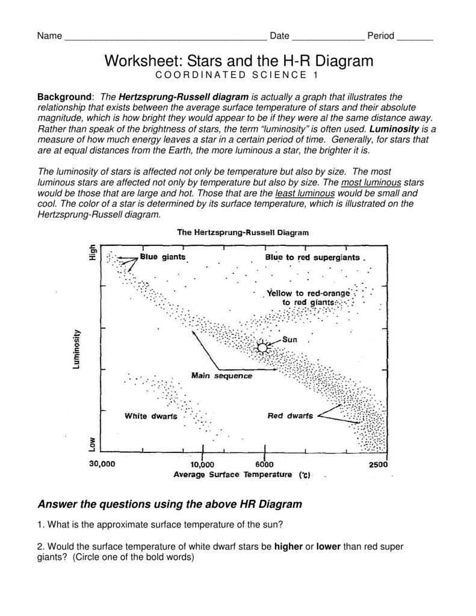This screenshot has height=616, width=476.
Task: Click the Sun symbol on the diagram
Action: click(x=262, y=347)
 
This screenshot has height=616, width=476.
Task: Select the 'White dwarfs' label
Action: click(x=150, y=416)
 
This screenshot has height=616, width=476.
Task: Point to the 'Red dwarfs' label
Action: click(x=290, y=416)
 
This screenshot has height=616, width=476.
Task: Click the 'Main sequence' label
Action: click(x=221, y=376)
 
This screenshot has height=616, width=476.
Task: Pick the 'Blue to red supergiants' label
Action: click(x=312, y=257)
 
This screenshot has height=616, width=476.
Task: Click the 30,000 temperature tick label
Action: click(x=102, y=464)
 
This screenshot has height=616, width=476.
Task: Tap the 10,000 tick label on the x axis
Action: click(x=202, y=464)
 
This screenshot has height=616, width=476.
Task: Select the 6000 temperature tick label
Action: click(x=264, y=464)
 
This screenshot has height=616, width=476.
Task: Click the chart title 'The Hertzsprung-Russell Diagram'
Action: click(x=242, y=231)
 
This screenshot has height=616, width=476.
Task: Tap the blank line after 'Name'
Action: click(x=165, y=37)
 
